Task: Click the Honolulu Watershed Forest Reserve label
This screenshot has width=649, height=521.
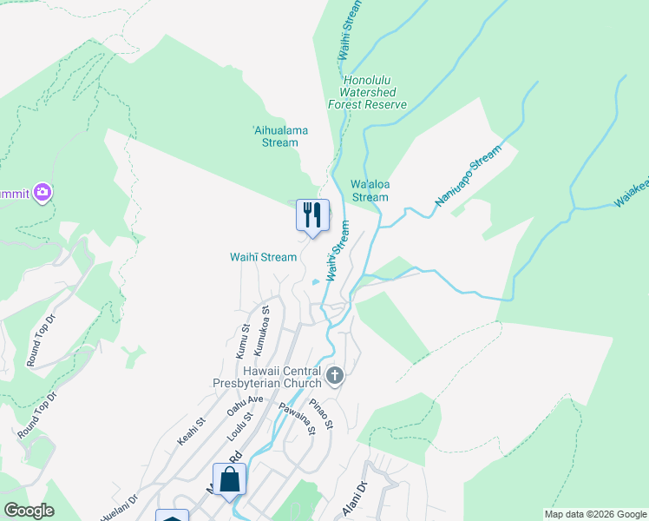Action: coord(367,92)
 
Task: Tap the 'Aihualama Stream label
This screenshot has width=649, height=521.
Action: coord(280,136)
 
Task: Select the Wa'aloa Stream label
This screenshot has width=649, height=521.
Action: coord(370,190)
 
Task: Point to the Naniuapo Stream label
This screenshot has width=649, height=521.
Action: coord(468,176)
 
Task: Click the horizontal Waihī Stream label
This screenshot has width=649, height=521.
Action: coord(263,257)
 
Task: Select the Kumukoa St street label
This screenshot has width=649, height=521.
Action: coord(260,330)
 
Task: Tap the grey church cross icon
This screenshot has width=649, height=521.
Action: coord(336,376)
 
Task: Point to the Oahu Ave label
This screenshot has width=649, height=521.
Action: coord(245,406)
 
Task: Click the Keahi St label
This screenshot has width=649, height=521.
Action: coord(191,431)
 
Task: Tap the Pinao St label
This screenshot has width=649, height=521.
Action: coord(321,413)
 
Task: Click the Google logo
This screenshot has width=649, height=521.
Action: coord(29,511)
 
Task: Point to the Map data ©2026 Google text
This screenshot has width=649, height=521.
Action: coord(595,514)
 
